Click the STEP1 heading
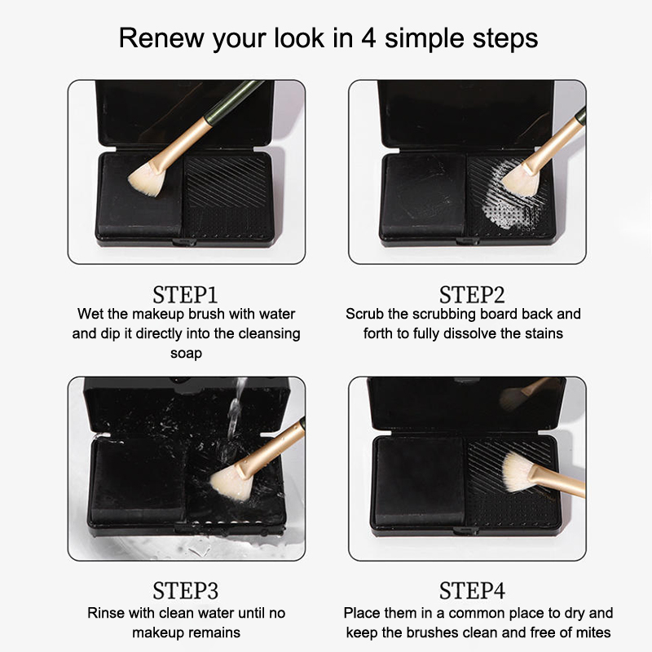click(x=185, y=295)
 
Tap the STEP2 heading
click(x=472, y=295)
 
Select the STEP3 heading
click(x=185, y=590)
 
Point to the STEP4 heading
click(x=472, y=590)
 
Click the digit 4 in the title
click(x=368, y=38)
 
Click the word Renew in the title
click(x=161, y=38)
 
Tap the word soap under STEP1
click(x=186, y=354)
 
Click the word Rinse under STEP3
click(x=106, y=613)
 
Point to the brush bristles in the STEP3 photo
click(x=229, y=482)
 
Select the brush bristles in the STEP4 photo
click(x=518, y=472)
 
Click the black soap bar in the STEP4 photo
click(x=419, y=482)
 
